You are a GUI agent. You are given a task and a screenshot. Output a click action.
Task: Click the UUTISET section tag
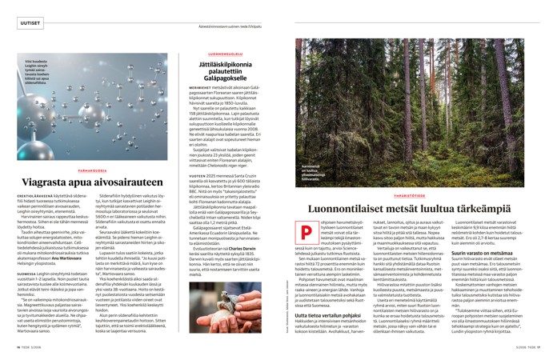pyautogui.click(x=29, y=24)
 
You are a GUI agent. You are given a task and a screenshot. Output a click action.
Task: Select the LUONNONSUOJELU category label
pyautogui.click(x=215, y=50)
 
